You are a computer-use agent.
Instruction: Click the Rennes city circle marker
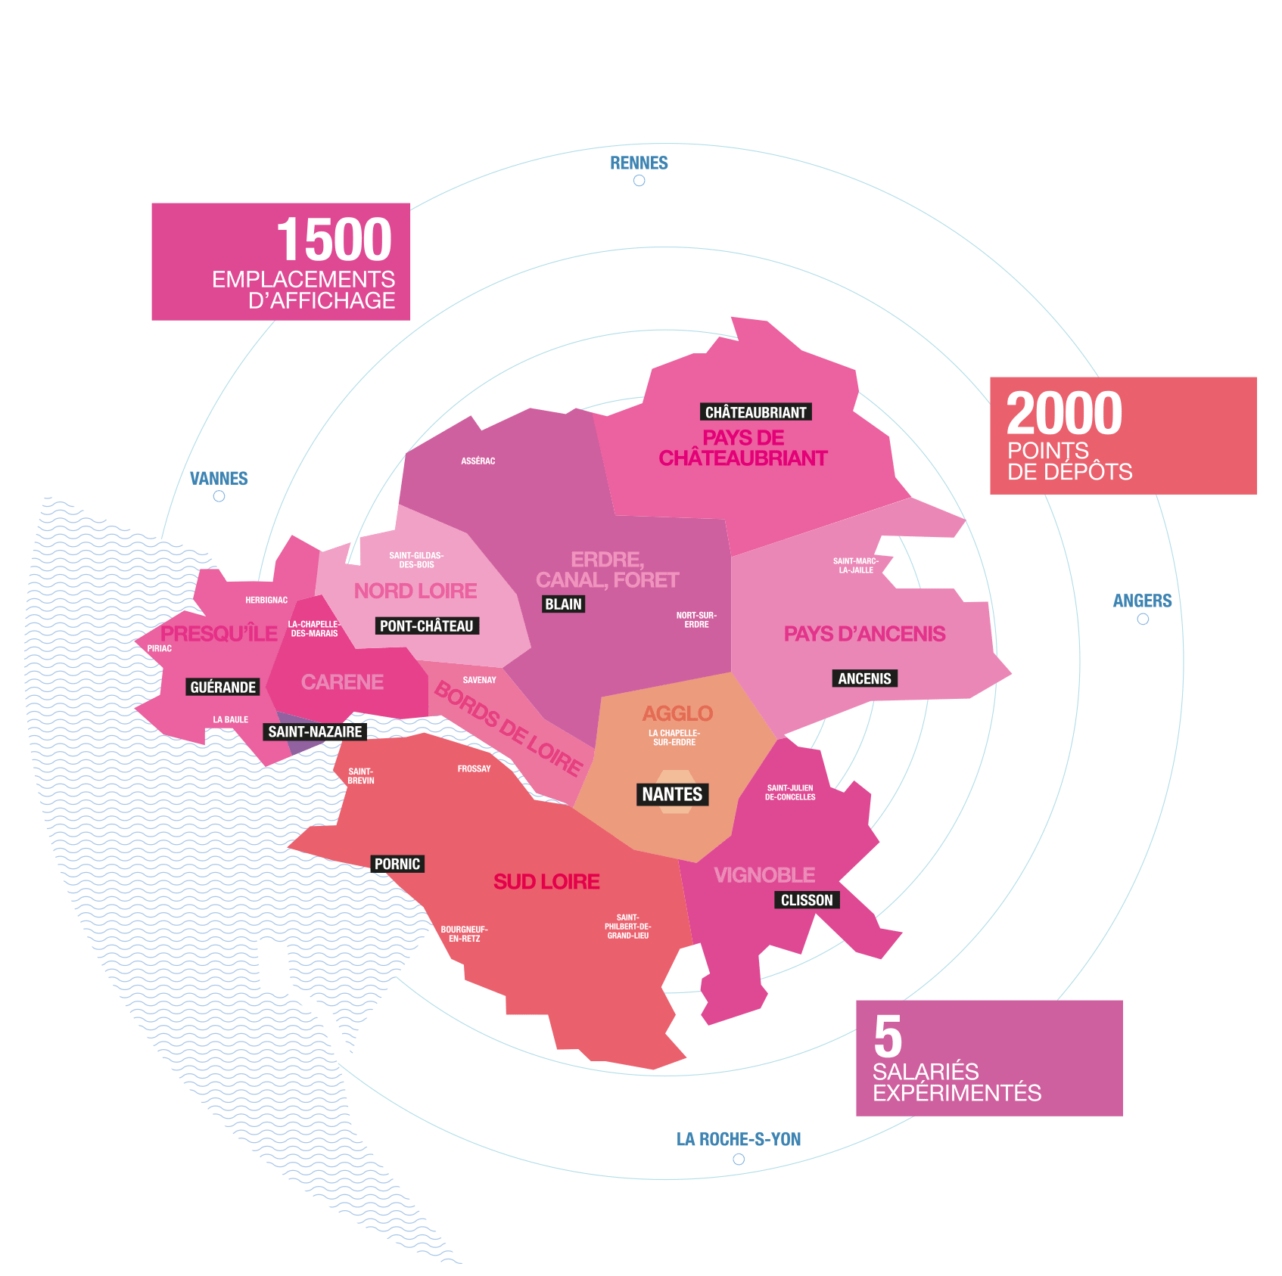click(x=639, y=181)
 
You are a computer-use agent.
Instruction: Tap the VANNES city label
click(x=219, y=478)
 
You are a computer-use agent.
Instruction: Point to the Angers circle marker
click(x=1143, y=619)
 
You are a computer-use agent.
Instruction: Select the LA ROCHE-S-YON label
click(x=739, y=1139)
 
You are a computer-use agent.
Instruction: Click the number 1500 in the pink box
click(x=334, y=240)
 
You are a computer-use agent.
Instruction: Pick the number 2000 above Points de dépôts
click(x=1064, y=413)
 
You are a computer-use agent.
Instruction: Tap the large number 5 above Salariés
click(x=888, y=1037)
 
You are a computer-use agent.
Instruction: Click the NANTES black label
click(x=672, y=794)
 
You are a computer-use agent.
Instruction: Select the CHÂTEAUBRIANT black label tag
click(x=755, y=412)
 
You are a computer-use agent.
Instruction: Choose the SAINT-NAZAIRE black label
click(x=315, y=731)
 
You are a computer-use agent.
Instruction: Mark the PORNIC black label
click(x=397, y=864)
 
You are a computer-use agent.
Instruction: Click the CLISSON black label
click(x=807, y=900)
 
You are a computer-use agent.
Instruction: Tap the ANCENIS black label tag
click(x=864, y=678)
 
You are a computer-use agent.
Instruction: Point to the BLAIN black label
click(x=564, y=604)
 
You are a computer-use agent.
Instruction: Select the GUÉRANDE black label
click(x=223, y=687)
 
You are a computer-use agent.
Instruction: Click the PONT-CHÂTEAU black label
click(x=427, y=626)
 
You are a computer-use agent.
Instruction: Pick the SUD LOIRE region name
click(x=546, y=881)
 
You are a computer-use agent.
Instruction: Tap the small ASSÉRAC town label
click(x=478, y=461)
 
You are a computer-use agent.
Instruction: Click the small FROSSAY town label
click(x=475, y=768)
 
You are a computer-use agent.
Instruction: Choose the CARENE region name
click(x=342, y=682)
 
